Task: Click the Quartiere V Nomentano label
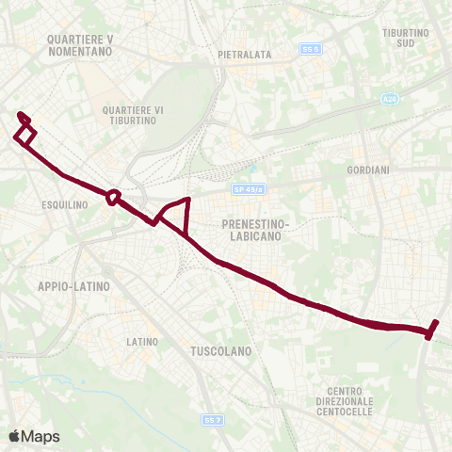coord(78,45)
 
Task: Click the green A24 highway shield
coord(391,98)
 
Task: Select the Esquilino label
coord(65,204)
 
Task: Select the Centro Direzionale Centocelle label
coord(351,402)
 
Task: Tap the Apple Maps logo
coord(34,436)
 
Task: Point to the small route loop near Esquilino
coord(113,197)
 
